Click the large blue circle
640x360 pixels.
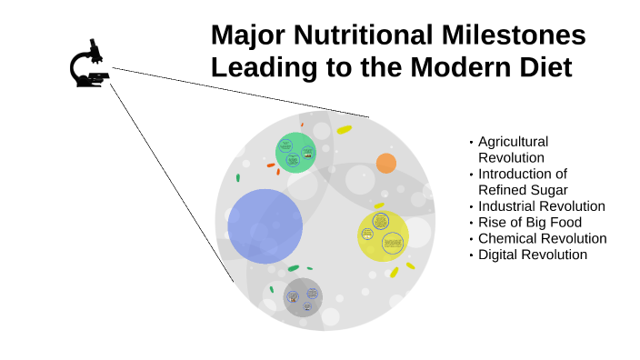tap(265, 226)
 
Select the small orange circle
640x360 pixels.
tap(386, 164)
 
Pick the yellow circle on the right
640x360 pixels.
tap(383, 235)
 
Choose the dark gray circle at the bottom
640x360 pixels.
tap(302, 296)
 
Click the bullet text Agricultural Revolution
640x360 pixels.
tap(513, 150)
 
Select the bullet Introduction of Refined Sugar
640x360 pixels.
tap(523, 182)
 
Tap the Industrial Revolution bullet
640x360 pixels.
tap(541, 206)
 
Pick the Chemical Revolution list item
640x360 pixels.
tap(542, 238)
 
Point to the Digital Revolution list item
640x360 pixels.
tap(532, 255)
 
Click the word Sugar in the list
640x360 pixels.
tap(549, 190)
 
